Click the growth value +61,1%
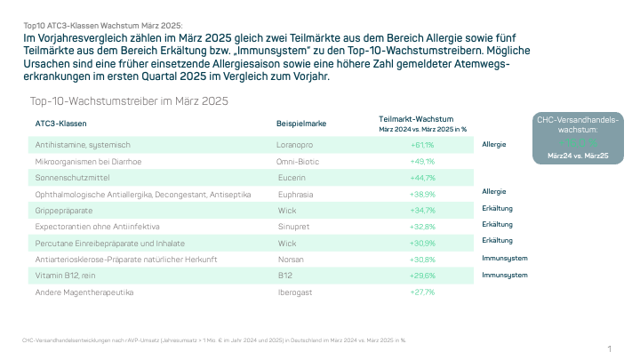click(x=422, y=144)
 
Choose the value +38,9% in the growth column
click(x=422, y=193)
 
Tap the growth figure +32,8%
click(x=422, y=226)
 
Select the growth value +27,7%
click(x=422, y=292)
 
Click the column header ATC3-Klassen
click(x=60, y=123)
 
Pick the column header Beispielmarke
click(x=299, y=123)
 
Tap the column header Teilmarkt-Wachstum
click(x=417, y=118)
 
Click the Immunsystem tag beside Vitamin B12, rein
click(x=505, y=276)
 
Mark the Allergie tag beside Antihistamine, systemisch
click(x=494, y=143)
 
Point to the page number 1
click(x=610, y=348)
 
